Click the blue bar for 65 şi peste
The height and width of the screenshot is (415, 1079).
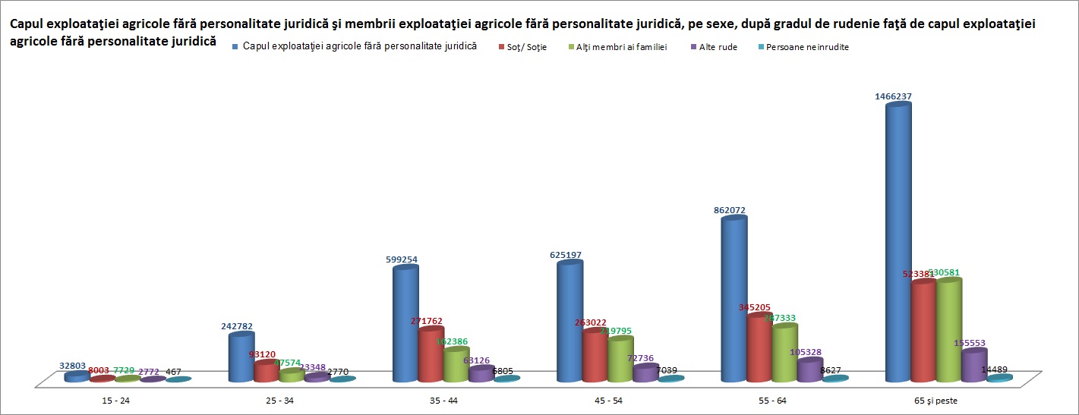(x=898, y=243)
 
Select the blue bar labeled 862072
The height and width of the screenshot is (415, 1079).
(x=734, y=300)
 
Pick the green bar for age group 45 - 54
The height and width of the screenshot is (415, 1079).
(x=620, y=359)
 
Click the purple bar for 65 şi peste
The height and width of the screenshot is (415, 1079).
(x=974, y=366)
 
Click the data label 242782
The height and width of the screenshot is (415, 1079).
(x=237, y=326)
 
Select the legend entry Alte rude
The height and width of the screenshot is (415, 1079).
(x=717, y=47)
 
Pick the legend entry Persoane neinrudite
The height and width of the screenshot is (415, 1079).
(x=807, y=47)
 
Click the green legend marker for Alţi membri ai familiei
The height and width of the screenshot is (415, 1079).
(x=570, y=47)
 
